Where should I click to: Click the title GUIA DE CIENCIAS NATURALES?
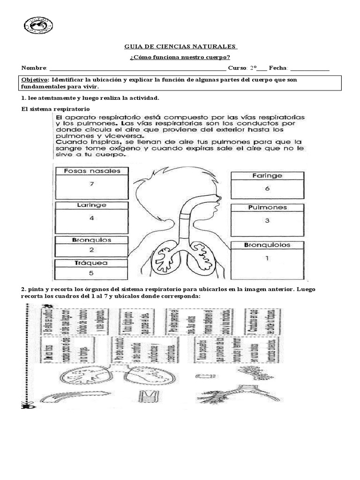[x=180, y=47]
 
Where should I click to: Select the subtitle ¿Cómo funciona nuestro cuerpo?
[x=180, y=58]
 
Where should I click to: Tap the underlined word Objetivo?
[x=34, y=80]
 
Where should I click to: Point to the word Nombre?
[x=34, y=68]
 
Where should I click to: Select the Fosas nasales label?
[x=92, y=171]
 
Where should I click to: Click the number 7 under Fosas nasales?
[x=92, y=184]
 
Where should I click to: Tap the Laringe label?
[x=92, y=205]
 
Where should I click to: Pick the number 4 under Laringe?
[x=92, y=218]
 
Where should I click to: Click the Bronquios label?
[x=92, y=240]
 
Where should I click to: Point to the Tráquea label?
[x=92, y=263]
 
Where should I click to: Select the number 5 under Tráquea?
[x=92, y=272]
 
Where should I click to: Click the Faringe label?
[x=267, y=176]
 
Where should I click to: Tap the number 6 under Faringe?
[x=267, y=188]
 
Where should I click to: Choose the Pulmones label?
[x=267, y=207]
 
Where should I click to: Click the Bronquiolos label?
[x=267, y=245]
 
